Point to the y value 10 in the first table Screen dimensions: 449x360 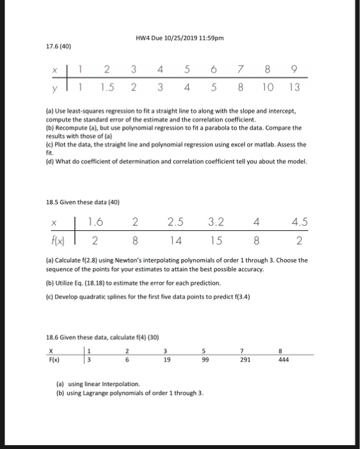(269, 86)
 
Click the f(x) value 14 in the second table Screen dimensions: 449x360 (175, 242)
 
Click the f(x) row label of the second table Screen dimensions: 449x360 (58, 242)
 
